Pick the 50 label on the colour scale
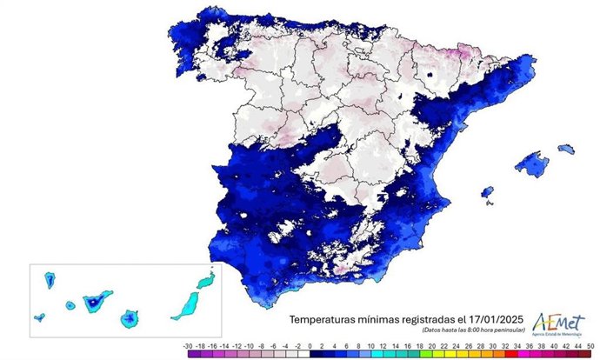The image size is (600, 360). click(591, 346)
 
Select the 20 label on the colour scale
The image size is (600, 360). click(420, 346)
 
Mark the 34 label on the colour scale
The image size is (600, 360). click(505, 346)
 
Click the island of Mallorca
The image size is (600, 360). click(531, 161)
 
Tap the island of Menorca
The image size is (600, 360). click(566, 149)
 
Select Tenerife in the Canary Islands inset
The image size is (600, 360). click(93, 301)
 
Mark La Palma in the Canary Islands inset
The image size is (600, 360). click(50, 281)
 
